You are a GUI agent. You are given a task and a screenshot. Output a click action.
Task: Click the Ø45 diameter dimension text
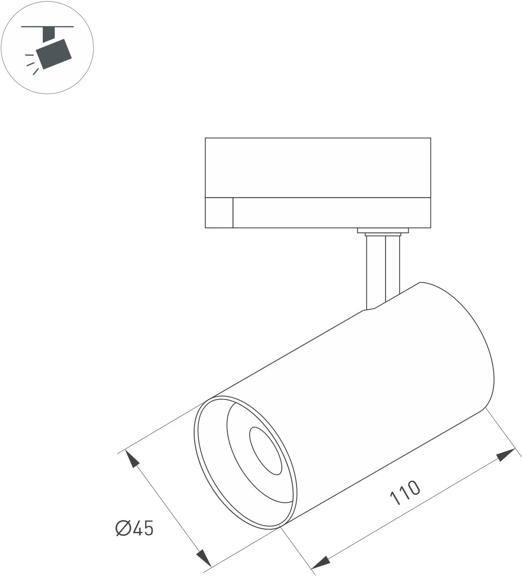pyautogui.click(x=134, y=528)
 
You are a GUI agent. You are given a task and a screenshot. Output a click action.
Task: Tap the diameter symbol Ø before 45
pyautogui.click(x=123, y=528)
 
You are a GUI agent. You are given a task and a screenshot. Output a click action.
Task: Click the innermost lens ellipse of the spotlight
pyautogui.click(x=265, y=451)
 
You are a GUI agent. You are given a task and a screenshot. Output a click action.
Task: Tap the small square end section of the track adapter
pyautogui.click(x=219, y=212)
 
